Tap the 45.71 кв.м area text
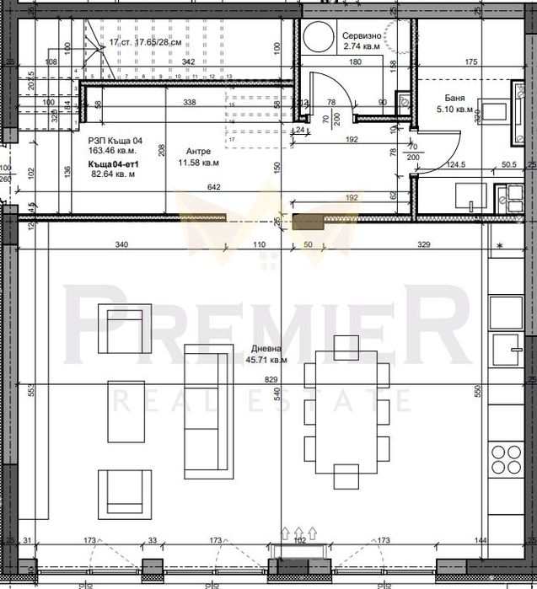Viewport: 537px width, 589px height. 266,359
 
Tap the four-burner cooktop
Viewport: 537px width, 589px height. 506,461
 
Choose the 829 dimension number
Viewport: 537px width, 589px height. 271,380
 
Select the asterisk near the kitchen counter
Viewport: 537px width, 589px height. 500,245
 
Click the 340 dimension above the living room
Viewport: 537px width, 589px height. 121,244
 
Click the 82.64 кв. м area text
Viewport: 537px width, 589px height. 112,174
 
